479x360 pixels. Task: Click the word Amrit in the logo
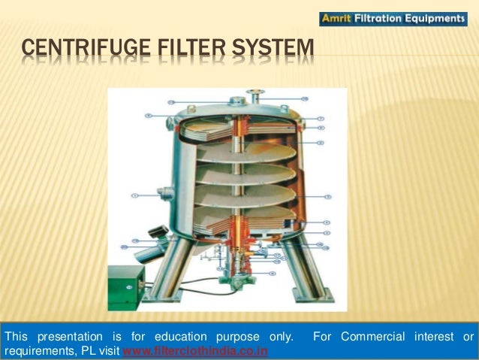336,19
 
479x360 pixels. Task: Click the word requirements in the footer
38,351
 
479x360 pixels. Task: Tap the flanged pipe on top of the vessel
256,97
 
